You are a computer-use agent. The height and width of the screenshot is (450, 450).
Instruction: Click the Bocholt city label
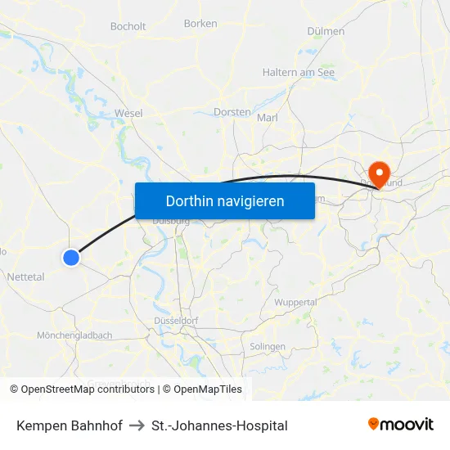click(128, 26)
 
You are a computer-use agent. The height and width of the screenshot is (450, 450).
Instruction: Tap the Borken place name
click(200, 24)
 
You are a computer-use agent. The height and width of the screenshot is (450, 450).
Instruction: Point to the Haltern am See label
click(298, 72)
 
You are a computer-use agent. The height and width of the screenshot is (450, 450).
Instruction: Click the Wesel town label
click(129, 112)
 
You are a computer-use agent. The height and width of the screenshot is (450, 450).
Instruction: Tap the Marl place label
click(268, 118)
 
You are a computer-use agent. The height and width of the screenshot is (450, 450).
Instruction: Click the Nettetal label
click(25, 277)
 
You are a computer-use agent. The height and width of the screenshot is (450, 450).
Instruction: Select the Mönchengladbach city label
click(74, 335)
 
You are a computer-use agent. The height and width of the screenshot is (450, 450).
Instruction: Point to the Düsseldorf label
click(177, 320)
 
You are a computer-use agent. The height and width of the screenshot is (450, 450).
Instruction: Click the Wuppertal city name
click(295, 302)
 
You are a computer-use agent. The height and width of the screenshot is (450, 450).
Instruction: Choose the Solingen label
click(268, 346)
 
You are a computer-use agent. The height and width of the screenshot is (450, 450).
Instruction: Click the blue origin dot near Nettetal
click(71, 258)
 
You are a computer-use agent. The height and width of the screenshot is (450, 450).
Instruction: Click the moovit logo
click(401, 425)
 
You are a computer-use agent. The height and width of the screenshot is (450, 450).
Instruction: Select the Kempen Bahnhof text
click(69, 425)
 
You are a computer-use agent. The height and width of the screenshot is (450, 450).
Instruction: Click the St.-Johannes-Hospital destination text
click(219, 425)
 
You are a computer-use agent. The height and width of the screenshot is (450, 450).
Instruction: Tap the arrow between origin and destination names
click(137, 425)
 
